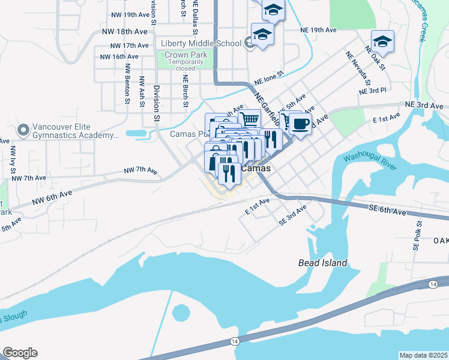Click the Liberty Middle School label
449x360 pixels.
[x=201, y=43]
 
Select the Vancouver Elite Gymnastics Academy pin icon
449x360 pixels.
[x=23, y=130]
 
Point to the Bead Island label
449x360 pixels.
[x=323, y=263]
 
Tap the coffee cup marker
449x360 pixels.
[x=300, y=125]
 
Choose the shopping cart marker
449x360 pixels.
[x=249, y=118]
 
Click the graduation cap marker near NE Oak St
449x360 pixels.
[x=382, y=41]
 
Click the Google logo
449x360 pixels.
[x=20, y=353]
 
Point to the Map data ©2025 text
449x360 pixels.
[x=424, y=355]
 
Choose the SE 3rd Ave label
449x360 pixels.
[x=293, y=215]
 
